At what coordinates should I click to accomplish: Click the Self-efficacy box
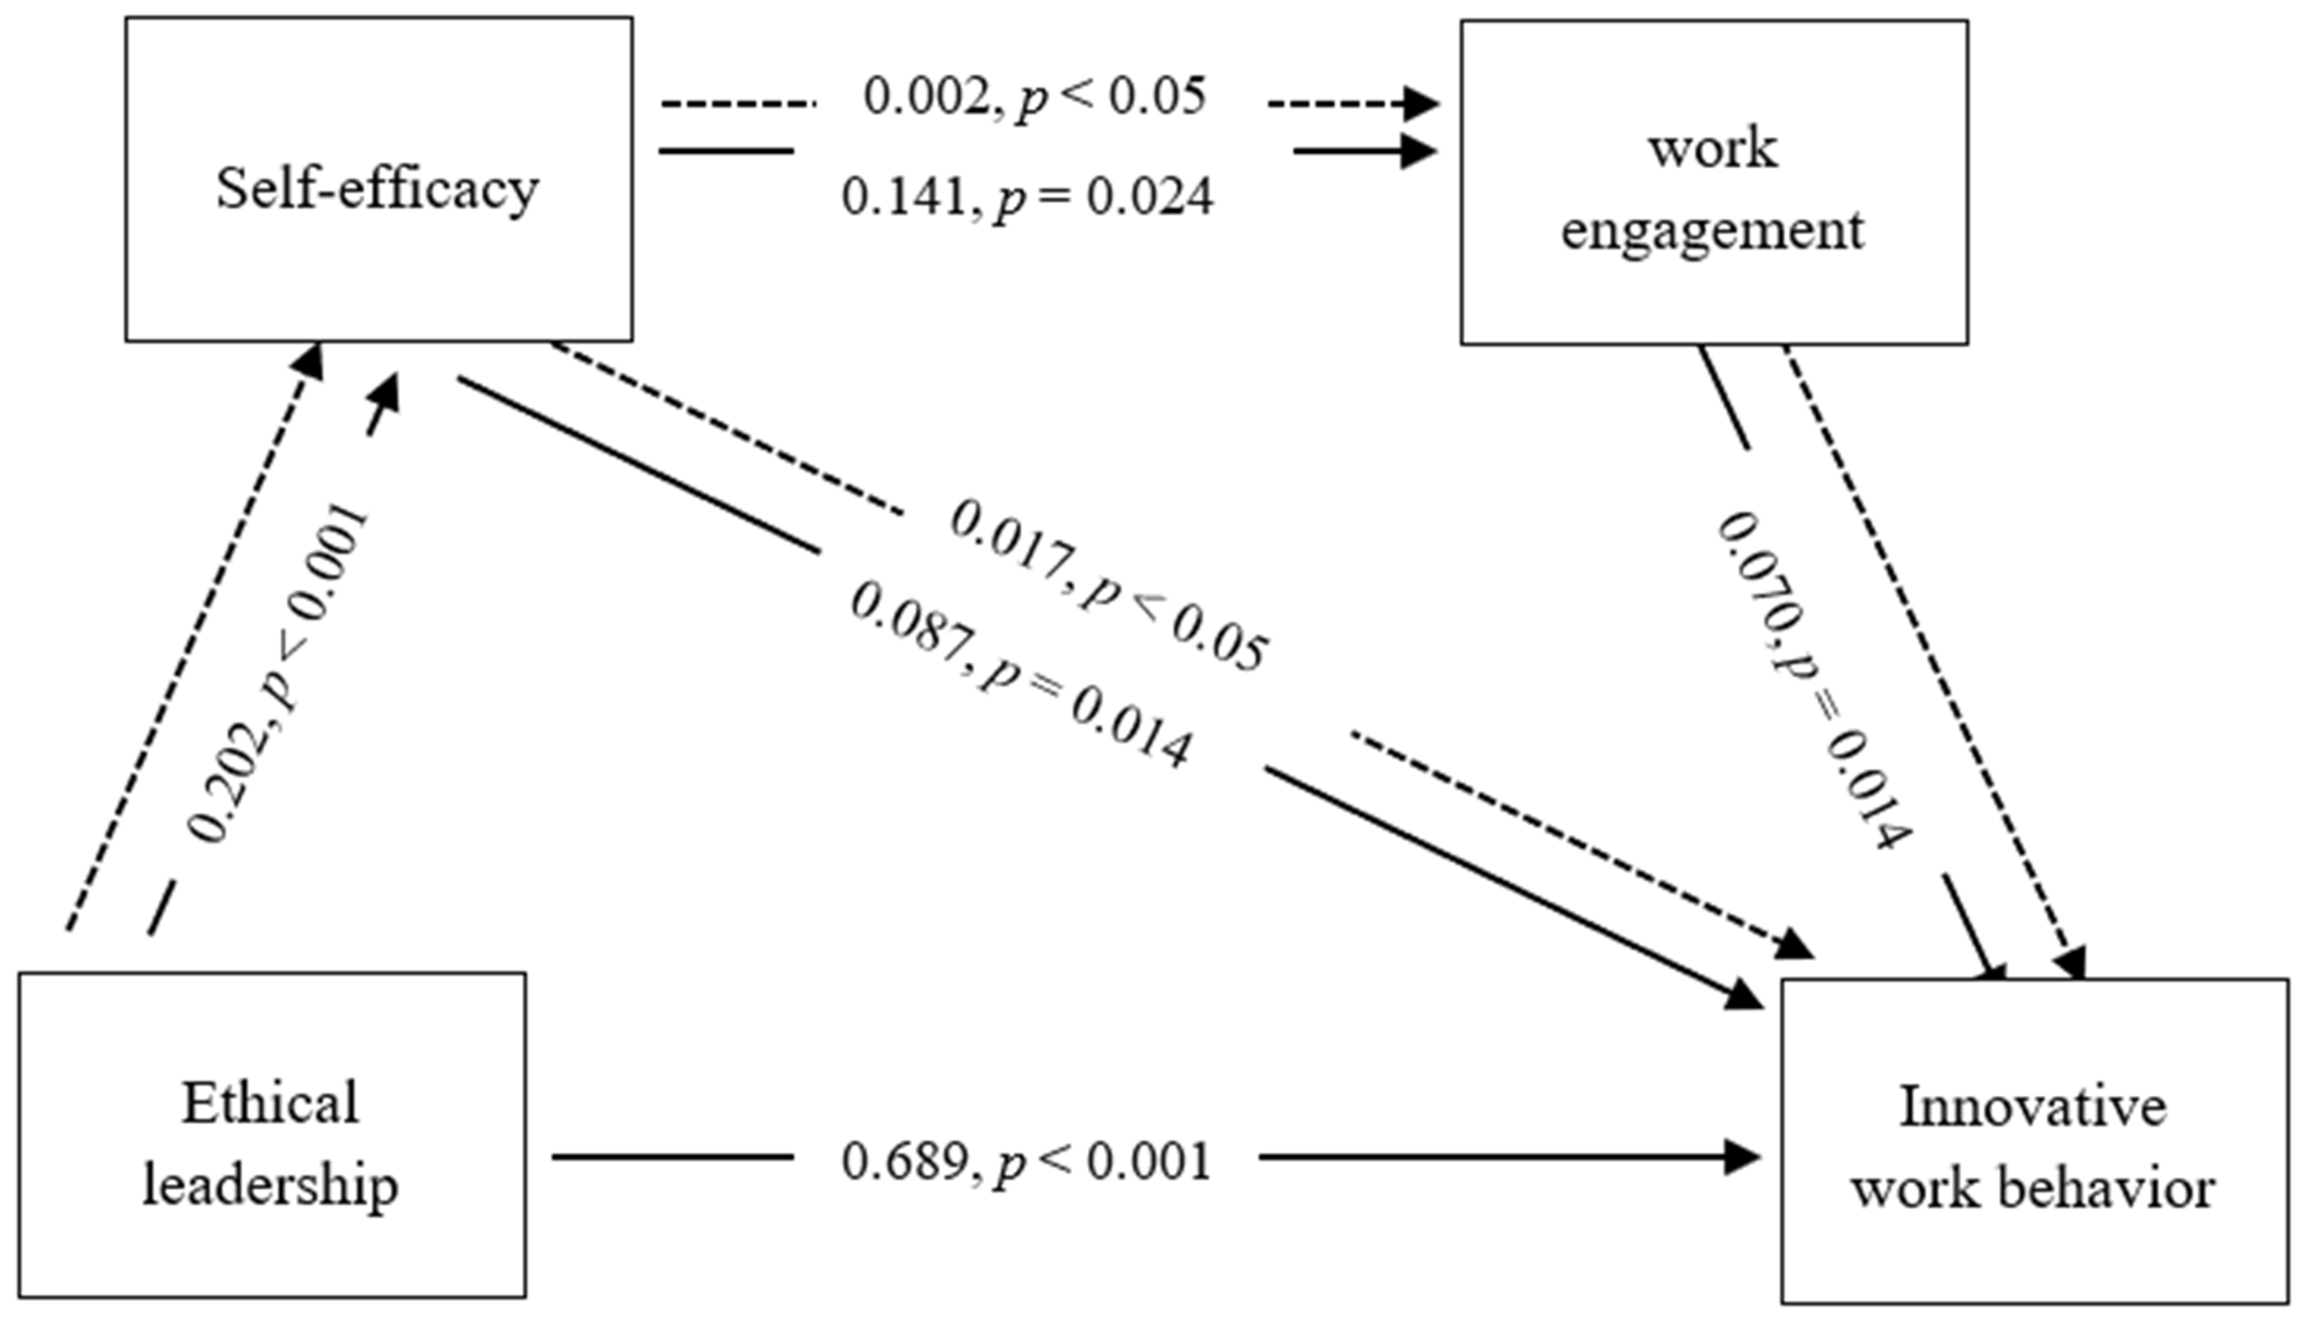(378, 180)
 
